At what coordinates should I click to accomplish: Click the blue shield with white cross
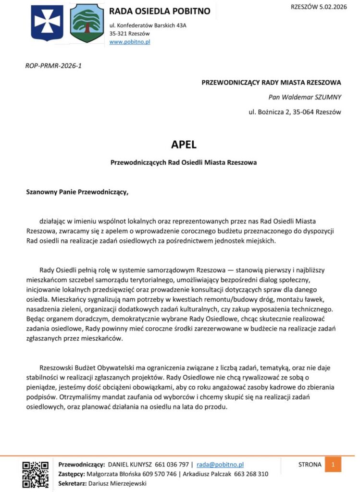(47, 23)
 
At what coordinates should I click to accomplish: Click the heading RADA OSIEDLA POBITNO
(160, 11)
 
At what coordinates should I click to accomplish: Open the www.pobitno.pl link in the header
(130, 42)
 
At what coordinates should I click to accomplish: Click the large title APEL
(184, 144)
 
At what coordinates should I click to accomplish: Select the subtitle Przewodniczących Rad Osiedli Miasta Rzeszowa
(184, 162)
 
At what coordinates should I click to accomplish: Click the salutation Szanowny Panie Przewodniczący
(77, 193)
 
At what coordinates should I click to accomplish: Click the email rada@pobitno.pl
(220, 465)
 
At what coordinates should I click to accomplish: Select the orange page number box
(333, 465)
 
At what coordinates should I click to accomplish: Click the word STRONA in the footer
(310, 465)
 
